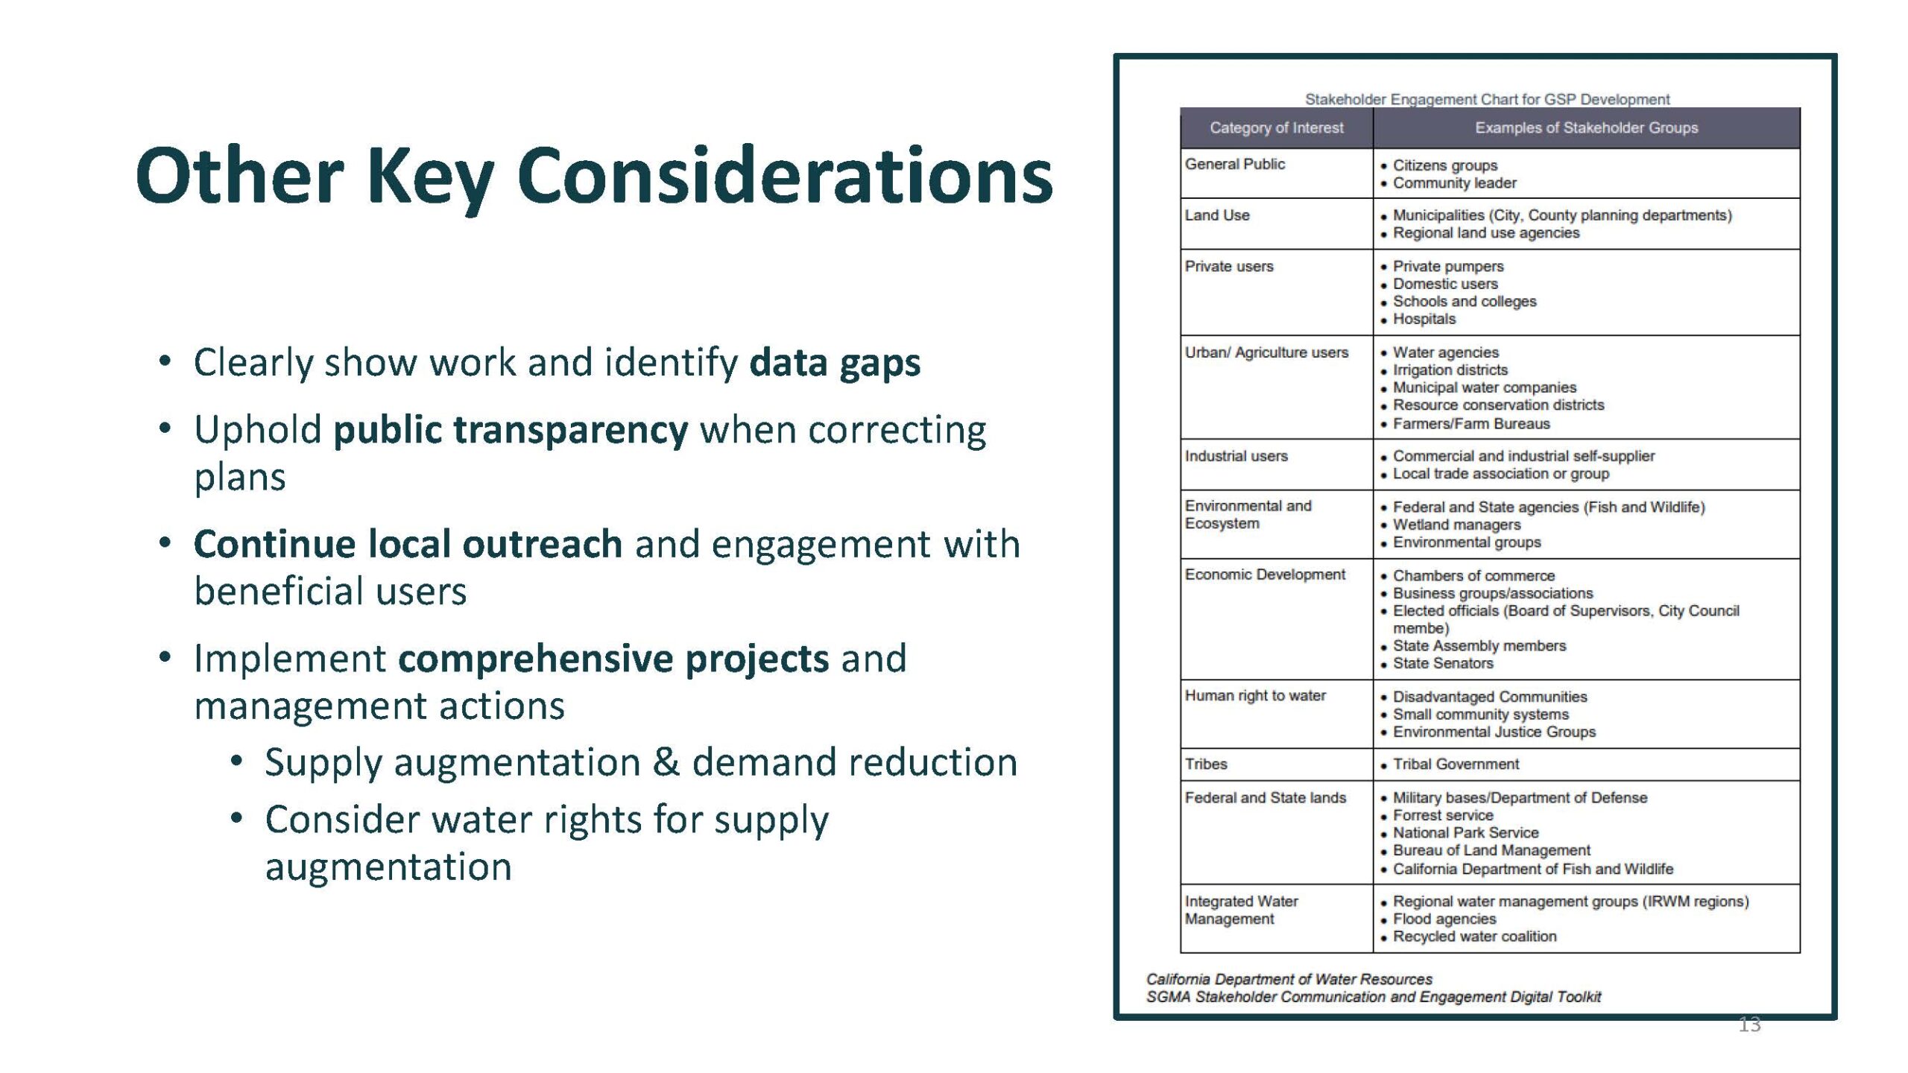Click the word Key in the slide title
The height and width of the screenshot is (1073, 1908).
pyautogui.click(x=431, y=177)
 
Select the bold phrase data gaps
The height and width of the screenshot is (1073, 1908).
pyautogui.click(x=835, y=363)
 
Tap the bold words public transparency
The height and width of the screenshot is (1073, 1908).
pyautogui.click(x=511, y=431)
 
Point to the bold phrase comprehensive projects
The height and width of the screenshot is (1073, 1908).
pyautogui.click(x=613, y=659)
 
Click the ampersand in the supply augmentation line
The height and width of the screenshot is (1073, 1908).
pyautogui.click(x=666, y=762)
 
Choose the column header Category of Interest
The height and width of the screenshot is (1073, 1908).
pyautogui.click(x=1276, y=128)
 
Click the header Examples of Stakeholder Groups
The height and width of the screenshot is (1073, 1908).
pyautogui.click(x=1586, y=128)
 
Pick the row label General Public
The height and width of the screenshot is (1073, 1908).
pyautogui.click(x=1235, y=164)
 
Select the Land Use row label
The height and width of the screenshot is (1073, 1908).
pyautogui.click(x=1217, y=215)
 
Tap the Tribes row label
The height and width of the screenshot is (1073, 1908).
pyautogui.click(x=1206, y=764)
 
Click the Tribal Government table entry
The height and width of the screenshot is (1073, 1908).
pyautogui.click(x=1456, y=764)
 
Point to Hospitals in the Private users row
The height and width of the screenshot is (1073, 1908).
pyautogui.click(x=1424, y=319)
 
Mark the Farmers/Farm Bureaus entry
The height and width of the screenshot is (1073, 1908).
pyautogui.click(x=1471, y=423)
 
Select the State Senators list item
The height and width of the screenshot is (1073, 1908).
pyautogui.click(x=1443, y=663)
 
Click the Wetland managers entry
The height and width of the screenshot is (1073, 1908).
pyautogui.click(x=1456, y=525)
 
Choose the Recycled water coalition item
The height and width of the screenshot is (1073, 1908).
pyautogui.click(x=1475, y=937)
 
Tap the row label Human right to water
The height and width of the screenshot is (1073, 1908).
pyautogui.click(x=1255, y=696)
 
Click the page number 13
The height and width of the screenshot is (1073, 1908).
pyautogui.click(x=1749, y=1025)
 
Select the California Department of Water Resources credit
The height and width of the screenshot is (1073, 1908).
pyautogui.click(x=1289, y=979)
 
